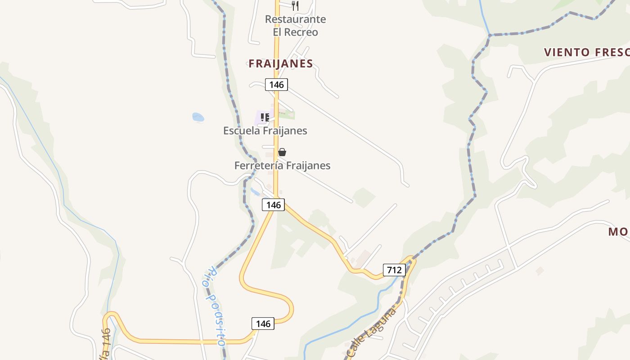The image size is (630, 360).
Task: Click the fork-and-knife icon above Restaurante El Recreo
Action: pos(295,5)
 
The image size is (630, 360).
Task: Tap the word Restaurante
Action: pos(295,19)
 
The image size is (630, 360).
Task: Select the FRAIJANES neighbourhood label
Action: pos(281,64)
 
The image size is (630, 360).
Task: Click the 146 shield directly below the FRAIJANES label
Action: pos(276,85)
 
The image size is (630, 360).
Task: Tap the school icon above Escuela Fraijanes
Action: pos(265,117)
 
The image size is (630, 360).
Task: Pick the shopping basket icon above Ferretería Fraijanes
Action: pos(282,152)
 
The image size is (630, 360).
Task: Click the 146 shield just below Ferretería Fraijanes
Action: pos(273,205)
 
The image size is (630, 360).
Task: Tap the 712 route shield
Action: pos(394,270)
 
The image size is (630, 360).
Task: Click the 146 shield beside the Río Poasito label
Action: pos(263,324)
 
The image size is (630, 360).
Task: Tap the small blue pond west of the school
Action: pos(198,117)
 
